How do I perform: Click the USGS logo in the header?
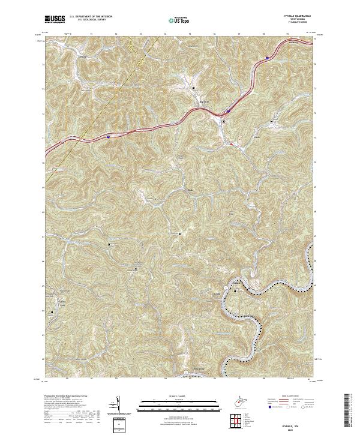[55, 20]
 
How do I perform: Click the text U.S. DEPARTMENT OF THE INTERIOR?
[91, 17]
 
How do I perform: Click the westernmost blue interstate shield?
[108, 137]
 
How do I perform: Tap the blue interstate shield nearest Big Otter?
[229, 110]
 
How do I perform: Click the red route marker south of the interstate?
[232, 144]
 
